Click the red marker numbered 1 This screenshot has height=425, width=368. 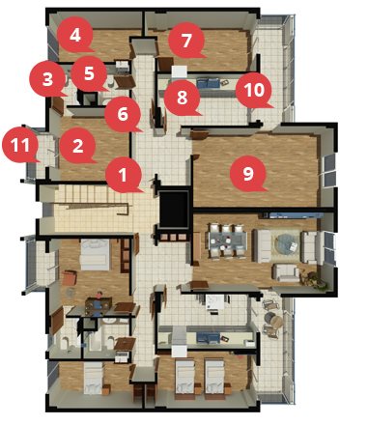[124, 175]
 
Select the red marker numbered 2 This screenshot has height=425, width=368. [77, 147]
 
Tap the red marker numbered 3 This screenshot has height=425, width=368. [47, 79]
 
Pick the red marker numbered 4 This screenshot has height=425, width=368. [75, 35]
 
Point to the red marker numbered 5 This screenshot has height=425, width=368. [89, 73]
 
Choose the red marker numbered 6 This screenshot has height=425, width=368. [123, 114]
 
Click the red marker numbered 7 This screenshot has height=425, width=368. [186, 41]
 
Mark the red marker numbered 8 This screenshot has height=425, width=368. [182, 98]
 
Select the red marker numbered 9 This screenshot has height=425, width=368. [248, 174]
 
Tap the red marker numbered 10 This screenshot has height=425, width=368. [254, 90]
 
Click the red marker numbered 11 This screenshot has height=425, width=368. [20, 145]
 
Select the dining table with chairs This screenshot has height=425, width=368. [227, 241]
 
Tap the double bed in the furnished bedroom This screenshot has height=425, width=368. [95, 254]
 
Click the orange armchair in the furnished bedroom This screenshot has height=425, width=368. [70, 278]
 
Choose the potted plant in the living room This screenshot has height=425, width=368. [312, 278]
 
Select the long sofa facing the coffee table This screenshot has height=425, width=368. [262, 245]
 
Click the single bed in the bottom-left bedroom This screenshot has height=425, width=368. [93, 378]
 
